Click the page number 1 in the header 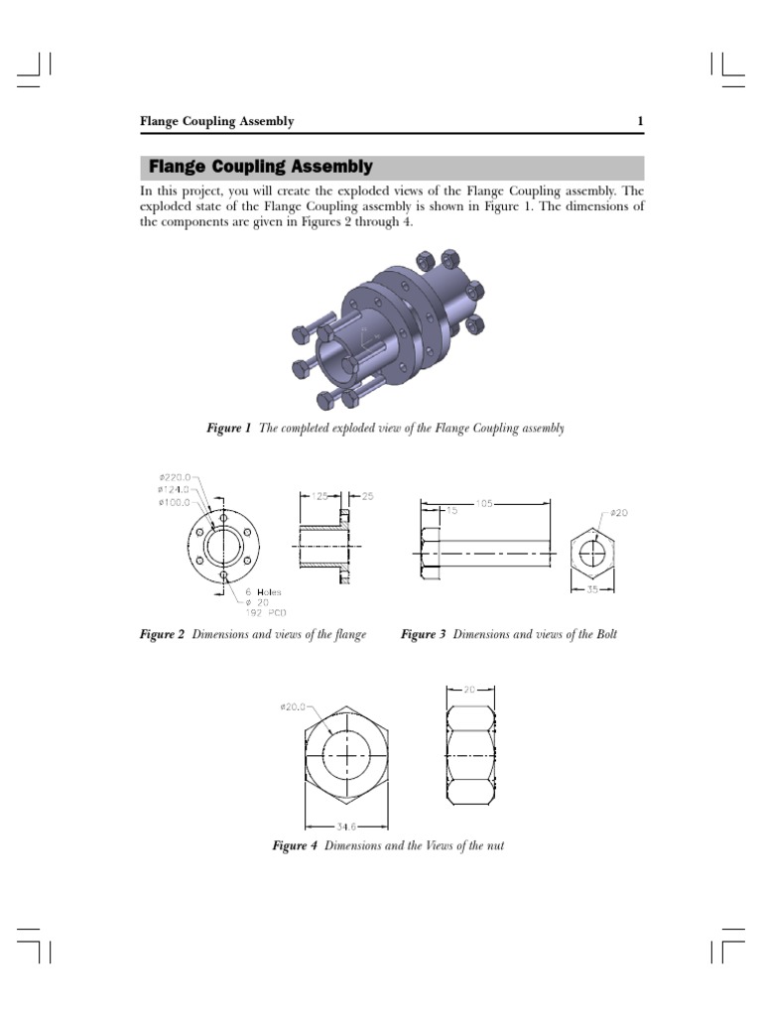[641, 122]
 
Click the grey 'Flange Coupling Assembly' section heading [260, 167]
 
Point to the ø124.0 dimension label [175, 488]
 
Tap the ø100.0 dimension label [175, 501]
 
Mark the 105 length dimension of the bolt [484, 503]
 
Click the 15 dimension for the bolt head [451, 511]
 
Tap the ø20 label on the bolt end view [618, 513]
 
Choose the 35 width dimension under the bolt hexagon [590, 589]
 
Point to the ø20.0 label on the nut [296, 706]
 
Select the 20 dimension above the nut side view [469, 688]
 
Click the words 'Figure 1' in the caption [228, 429]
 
